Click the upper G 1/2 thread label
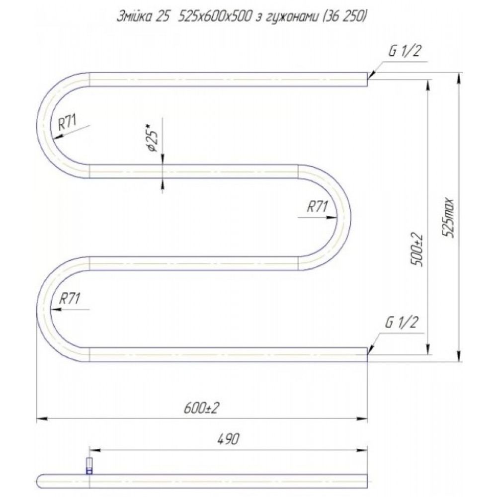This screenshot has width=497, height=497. [x=405, y=51]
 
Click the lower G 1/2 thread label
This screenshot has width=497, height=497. [x=401, y=323]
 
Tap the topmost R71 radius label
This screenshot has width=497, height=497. [x=67, y=122]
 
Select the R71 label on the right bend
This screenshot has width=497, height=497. [x=317, y=207]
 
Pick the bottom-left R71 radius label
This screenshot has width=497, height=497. [x=70, y=298]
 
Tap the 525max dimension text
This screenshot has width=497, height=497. [x=448, y=218]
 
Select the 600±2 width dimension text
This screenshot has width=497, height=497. [x=202, y=408]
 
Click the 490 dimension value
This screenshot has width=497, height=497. [x=229, y=439]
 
